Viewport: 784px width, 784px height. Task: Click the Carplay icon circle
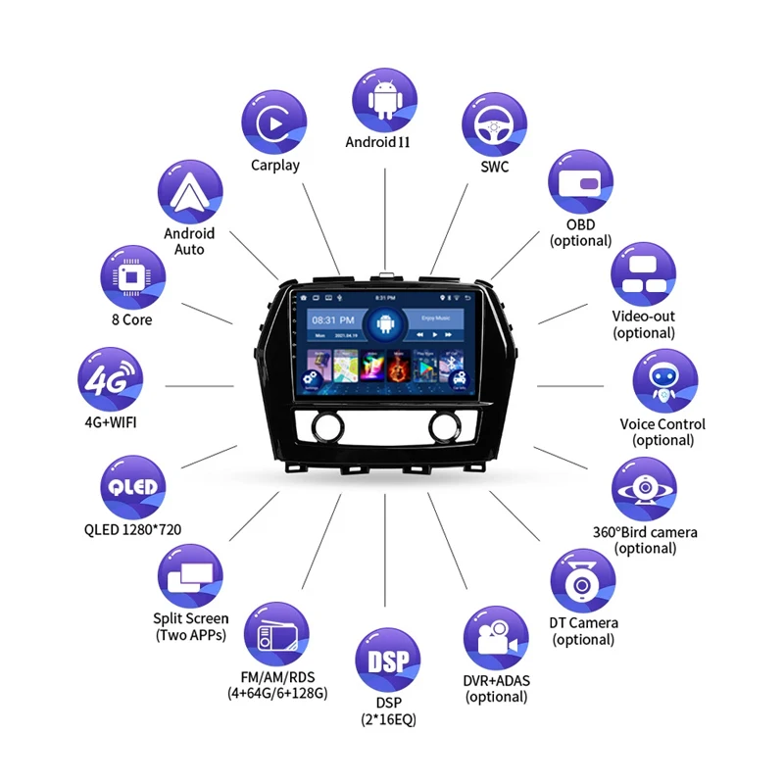pos(275,122)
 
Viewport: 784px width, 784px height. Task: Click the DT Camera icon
pos(583,582)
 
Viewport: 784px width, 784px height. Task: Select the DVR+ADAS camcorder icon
pos(496,639)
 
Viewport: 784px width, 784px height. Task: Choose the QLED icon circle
pos(132,488)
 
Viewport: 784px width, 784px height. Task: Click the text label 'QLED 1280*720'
pos(132,530)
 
